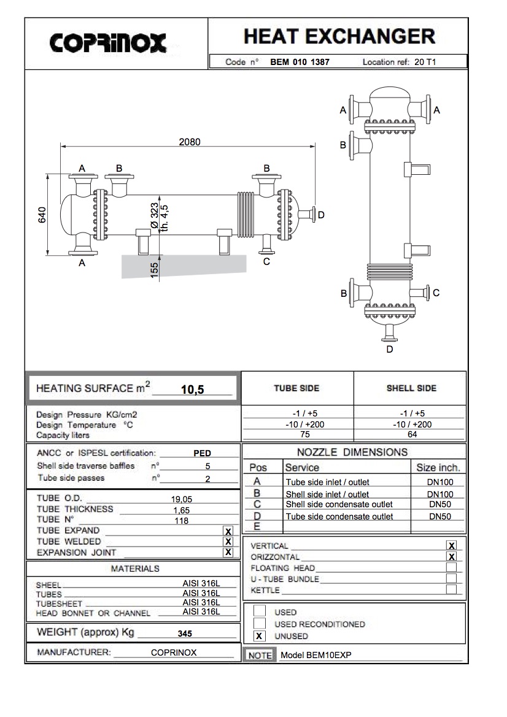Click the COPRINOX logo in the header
pos(108,42)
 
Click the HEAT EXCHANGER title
pos(339,36)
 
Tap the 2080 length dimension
pos(189,142)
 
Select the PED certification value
pos(202,454)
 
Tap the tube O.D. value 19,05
pos(182,499)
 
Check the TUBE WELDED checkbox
pos(228,541)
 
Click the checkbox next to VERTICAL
pos(451,545)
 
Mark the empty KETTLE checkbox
pos(451,589)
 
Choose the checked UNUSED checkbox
pos(260,636)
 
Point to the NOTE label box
pos(259,655)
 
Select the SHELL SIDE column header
pos(411,388)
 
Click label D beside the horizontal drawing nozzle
pos(320,215)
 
